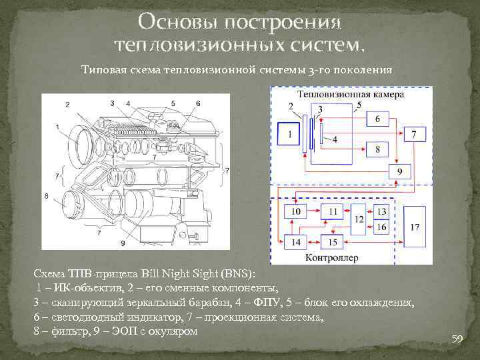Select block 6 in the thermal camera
point(377,119)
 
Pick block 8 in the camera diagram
point(377,149)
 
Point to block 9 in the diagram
point(399,171)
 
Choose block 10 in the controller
point(296,212)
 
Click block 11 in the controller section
point(333,212)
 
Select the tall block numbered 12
point(359,220)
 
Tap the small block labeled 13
point(381,212)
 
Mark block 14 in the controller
point(296,241)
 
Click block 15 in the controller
point(333,241)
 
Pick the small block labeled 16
point(381,227)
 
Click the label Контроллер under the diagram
point(331,257)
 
